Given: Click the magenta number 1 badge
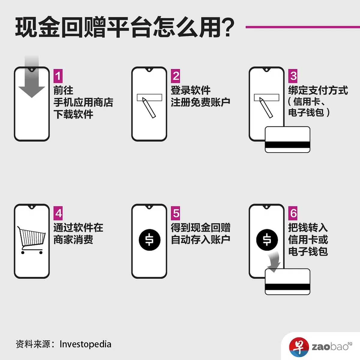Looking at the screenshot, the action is tap(58, 76).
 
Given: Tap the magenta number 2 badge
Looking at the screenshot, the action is tap(175, 76).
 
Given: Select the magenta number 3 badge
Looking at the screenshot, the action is tap(293, 76).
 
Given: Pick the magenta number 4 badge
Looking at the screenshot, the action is tap(58, 213).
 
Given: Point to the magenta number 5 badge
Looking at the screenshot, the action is tap(175, 213).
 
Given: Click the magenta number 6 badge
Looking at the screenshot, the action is tap(293, 213).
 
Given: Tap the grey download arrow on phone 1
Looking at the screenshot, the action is tap(32, 79).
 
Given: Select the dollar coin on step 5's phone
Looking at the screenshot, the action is tap(149, 240).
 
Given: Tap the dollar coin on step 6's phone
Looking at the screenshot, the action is tap(267, 240).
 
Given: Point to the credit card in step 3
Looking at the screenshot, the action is tap(287, 139).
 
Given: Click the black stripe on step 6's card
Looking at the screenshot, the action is tap(287, 287).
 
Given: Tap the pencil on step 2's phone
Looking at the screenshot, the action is tap(149, 108).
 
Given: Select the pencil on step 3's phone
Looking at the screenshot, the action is tap(266, 108).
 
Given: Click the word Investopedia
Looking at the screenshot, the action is tap(85, 344).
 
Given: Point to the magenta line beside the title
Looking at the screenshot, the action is tap(303, 27).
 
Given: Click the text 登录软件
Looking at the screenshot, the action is tap(190, 90).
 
